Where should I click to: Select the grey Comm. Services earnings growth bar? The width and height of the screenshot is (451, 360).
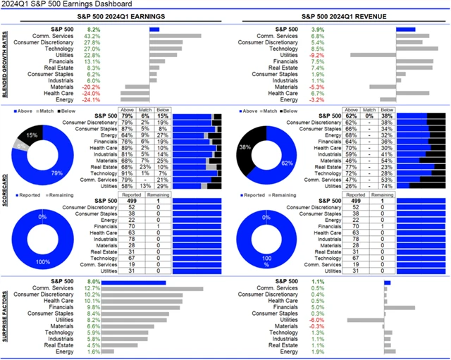click(x=175, y=36)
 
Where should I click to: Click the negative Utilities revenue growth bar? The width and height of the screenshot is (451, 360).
click(x=373, y=55)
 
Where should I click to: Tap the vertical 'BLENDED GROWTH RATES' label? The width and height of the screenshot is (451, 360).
click(x=5, y=64)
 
